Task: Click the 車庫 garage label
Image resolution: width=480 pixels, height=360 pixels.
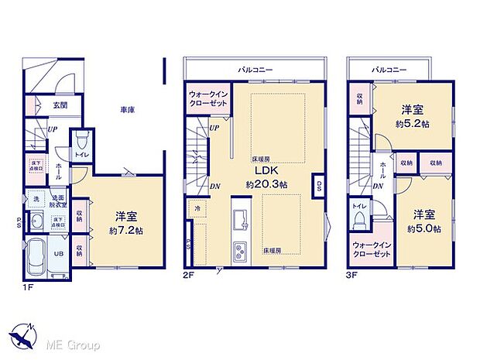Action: (x=128, y=111)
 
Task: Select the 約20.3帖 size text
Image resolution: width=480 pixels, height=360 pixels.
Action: (x=257, y=184)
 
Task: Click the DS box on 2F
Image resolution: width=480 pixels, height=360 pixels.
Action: (x=319, y=185)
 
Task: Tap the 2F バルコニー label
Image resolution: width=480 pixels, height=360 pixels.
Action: (x=256, y=70)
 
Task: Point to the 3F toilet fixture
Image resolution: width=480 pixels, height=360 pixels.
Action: (x=358, y=221)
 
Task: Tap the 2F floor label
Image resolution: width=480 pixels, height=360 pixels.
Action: (x=187, y=274)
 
